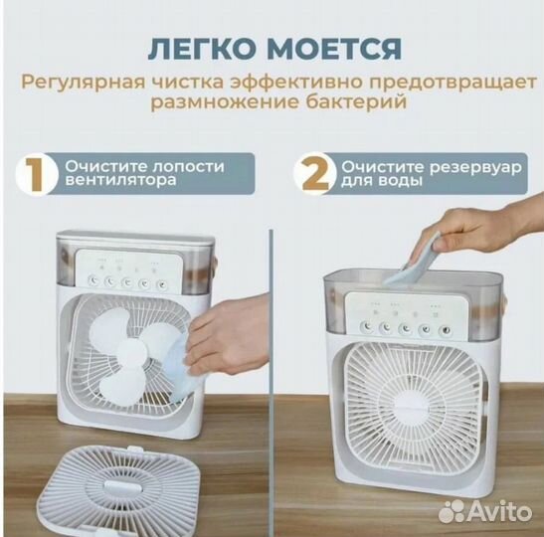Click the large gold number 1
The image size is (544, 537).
[x=36, y=175]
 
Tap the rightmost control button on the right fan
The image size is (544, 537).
[x=453, y=330]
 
